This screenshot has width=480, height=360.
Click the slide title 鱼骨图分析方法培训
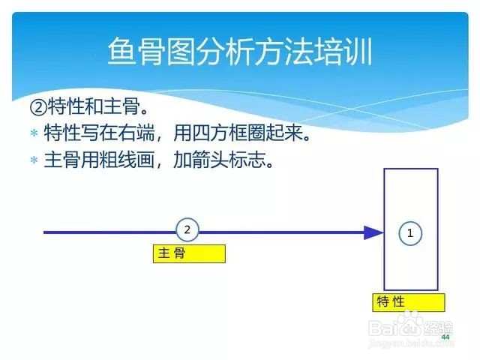(240, 51)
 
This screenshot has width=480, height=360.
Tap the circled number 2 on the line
(187, 229)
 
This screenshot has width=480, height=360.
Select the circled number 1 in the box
(410, 233)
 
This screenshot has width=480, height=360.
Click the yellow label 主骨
(189, 253)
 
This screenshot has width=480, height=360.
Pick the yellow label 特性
(408, 302)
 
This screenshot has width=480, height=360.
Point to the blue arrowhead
(373, 232)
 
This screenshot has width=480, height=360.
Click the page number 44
(445, 337)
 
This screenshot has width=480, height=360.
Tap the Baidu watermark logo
(410, 326)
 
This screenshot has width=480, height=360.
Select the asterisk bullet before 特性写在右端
(34, 133)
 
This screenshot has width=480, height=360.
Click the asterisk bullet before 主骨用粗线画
(34, 160)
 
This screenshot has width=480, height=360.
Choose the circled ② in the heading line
(38, 107)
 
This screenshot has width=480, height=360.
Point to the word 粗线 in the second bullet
(118, 160)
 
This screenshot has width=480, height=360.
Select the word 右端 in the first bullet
(136, 133)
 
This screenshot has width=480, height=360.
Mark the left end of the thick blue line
(43, 232)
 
